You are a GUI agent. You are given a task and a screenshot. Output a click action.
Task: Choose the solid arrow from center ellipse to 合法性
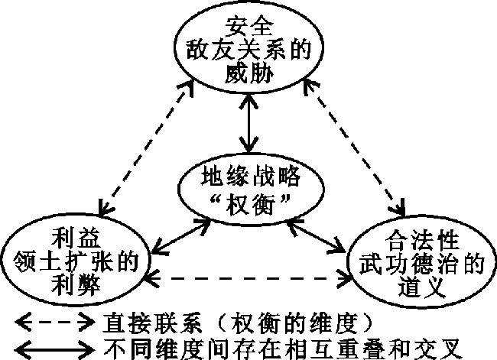pos(313,232)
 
